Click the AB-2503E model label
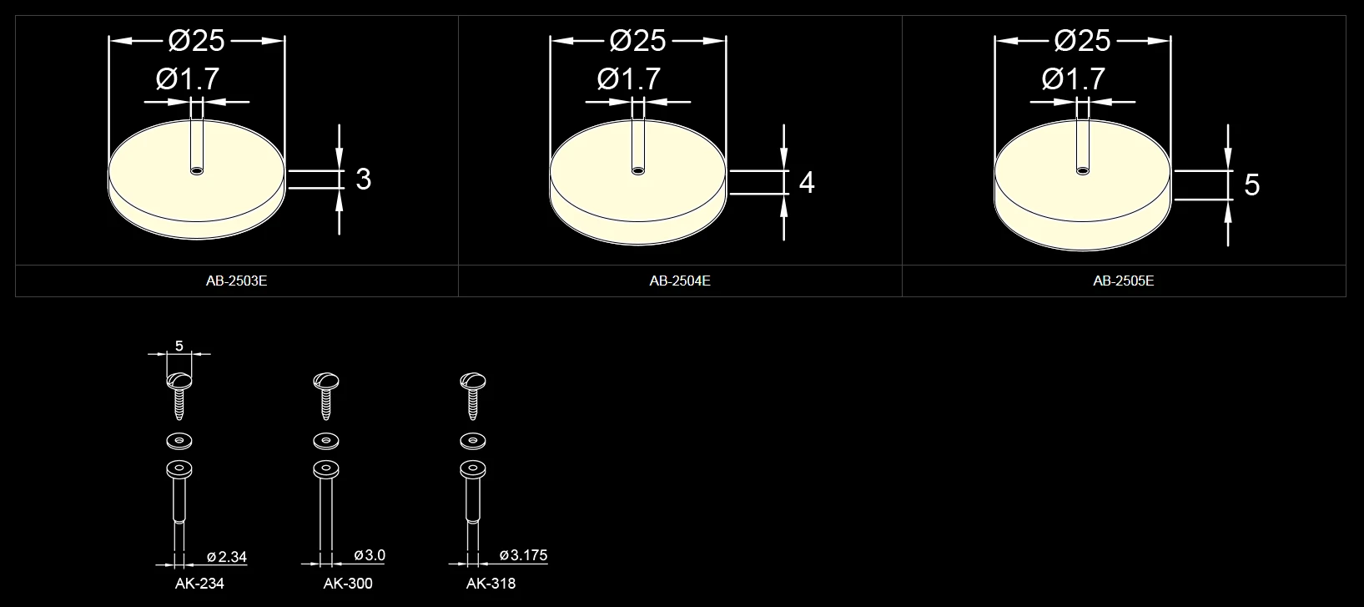236,281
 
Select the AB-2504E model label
680,281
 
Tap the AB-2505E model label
1124,281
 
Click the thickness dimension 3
364,180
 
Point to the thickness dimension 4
807,182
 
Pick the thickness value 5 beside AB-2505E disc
1252,185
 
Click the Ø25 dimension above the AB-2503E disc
197,41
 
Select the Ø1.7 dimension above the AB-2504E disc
629,78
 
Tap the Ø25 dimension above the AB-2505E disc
1083,41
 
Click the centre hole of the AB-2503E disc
197,170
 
